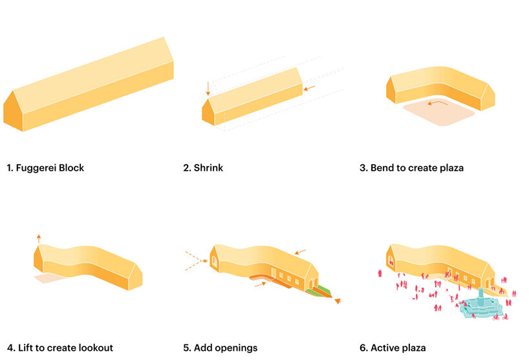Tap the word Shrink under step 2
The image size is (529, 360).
(208, 168)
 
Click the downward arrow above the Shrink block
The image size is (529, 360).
(208, 88)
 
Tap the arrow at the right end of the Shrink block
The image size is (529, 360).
(309, 89)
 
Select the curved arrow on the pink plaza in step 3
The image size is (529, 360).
(437, 103)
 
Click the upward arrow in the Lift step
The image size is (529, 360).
(39, 238)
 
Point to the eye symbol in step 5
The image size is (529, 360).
(204, 261)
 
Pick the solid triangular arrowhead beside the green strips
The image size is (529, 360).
(338, 301)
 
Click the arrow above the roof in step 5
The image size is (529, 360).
(300, 252)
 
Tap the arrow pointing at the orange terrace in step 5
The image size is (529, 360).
(260, 284)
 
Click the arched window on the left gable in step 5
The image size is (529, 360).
(214, 261)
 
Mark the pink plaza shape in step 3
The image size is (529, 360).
(439, 113)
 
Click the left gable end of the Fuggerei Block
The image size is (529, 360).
(13, 111)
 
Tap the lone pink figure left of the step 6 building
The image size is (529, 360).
(380, 273)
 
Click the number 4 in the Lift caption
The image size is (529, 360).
(10, 348)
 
